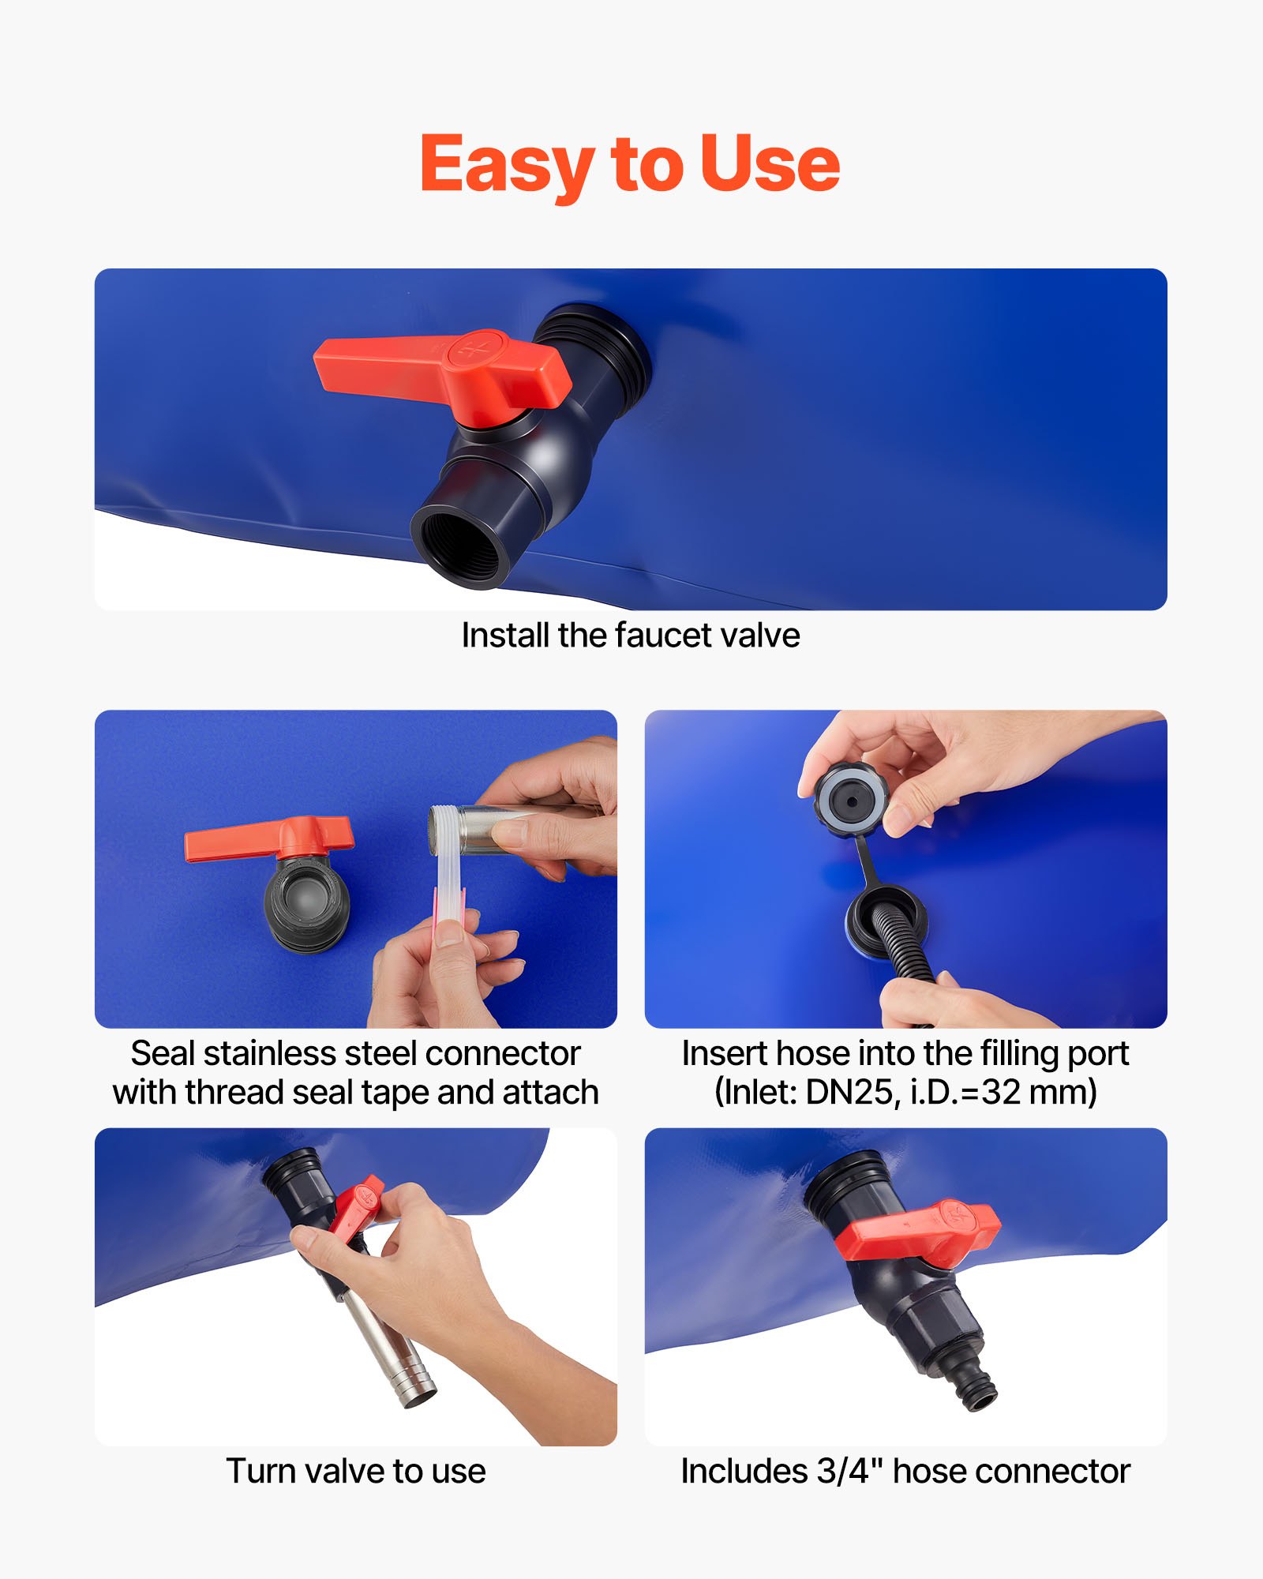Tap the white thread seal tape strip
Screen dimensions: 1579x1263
pyautogui.click(x=450, y=876)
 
